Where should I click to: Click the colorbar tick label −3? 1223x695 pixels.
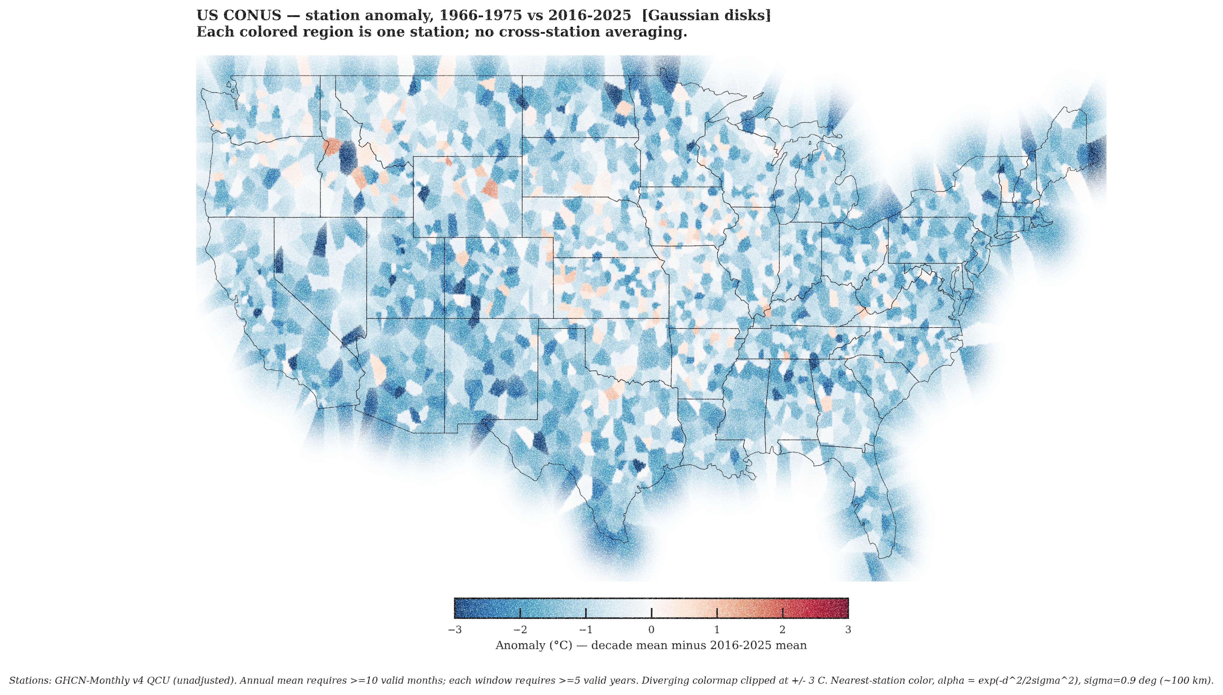(x=455, y=630)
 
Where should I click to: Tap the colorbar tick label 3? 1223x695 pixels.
(x=847, y=630)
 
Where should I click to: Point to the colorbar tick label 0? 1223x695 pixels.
(x=651, y=630)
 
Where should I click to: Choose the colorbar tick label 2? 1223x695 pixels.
(x=782, y=630)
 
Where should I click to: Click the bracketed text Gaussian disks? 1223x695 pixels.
(x=706, y=15)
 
